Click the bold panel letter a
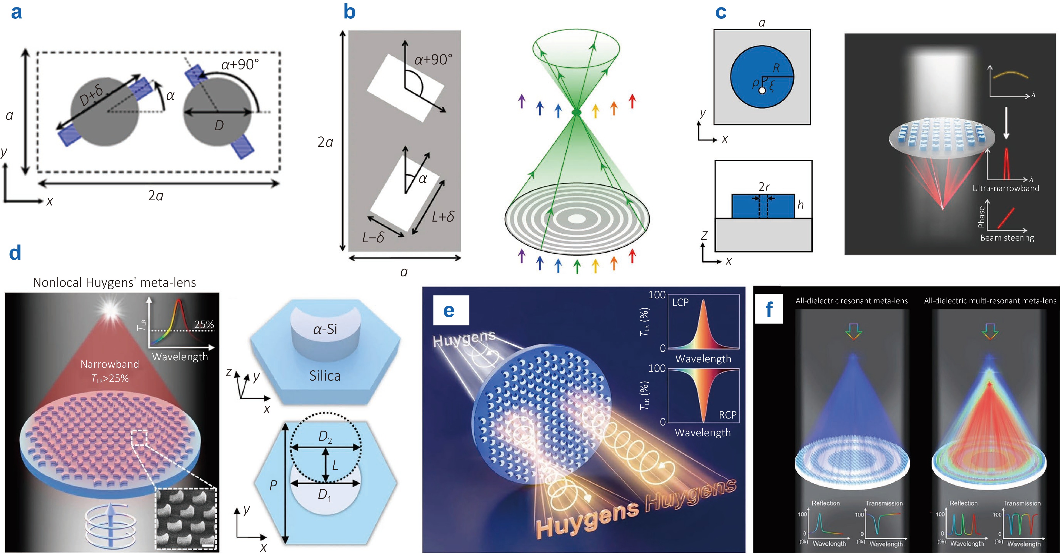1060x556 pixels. pyautogui.click(x=16, y=12)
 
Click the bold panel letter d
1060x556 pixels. pyautogui.click(x=15, y=253)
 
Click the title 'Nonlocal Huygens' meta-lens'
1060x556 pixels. pyautogui.click(x=114, y=282)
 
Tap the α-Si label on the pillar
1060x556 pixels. pyautogui.click(x=325, y=329)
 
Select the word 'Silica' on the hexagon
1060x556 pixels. pyautogui.click(x=325, y=376)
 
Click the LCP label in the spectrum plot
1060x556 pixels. pyautogui.click(x=680, y=302)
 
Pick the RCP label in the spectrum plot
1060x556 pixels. pyautogui.click(x=727, y=415)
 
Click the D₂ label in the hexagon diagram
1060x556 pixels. pyautogui.click(x=325, y=437)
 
